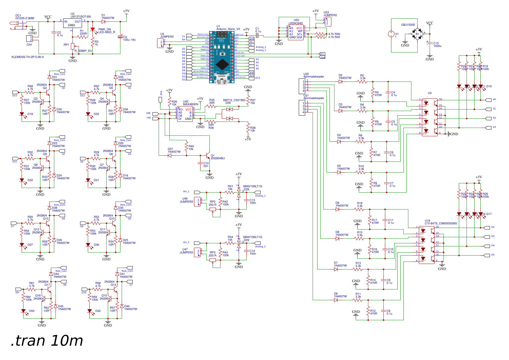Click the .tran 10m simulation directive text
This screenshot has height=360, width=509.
(47, 341)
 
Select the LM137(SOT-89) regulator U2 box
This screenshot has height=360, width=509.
(72, 23)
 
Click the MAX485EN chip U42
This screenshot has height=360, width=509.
(185, 114)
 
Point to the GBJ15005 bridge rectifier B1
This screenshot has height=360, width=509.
(418, 34)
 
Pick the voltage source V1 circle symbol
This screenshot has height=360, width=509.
(391, 34)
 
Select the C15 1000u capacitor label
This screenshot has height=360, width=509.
(437, 45)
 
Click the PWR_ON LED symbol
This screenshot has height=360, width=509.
(92, 30)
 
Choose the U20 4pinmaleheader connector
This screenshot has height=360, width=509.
(302, 86)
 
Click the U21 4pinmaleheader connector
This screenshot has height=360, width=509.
(302, 107)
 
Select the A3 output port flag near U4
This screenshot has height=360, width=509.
(488, 127)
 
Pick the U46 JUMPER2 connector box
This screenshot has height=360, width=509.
(197, 202)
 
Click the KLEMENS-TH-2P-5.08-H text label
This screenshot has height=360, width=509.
(28, 57)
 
